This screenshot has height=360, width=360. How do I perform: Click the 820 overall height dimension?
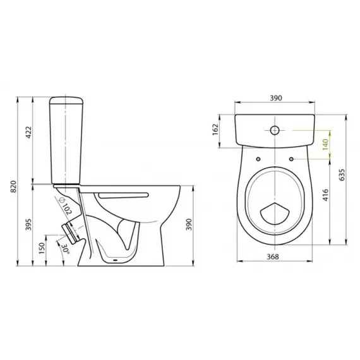(13, 187)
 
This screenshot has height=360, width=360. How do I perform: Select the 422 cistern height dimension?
(29, 132)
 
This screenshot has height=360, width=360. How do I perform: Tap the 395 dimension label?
(29, 225)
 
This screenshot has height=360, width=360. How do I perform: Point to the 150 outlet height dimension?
(42, 248)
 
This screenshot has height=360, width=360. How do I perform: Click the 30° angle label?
(65, 248)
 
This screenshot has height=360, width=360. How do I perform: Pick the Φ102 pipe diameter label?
(66, 205)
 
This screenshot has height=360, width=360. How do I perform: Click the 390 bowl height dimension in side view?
(189, 225)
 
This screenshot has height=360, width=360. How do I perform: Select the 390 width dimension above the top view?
(275, 98)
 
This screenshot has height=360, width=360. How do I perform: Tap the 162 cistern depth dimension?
(216, 129)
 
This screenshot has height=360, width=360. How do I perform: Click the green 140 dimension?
(325, 145)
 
